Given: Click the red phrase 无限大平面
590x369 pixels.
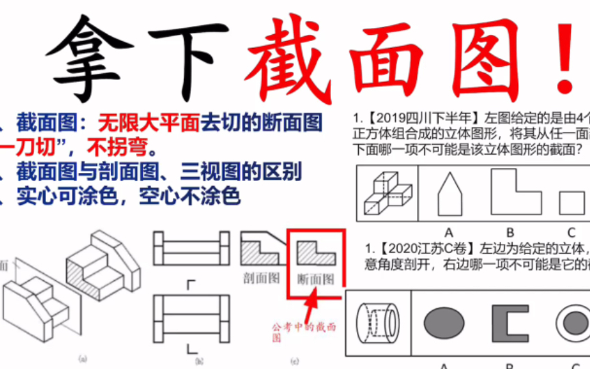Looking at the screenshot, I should pos(149,123).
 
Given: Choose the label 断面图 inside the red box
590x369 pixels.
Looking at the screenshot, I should pos(316,279).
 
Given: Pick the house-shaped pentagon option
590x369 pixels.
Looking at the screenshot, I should pos(449,193).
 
